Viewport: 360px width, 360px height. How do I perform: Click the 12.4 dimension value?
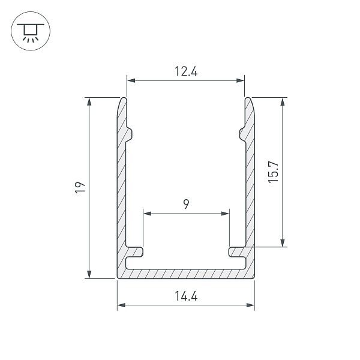coord(186,71)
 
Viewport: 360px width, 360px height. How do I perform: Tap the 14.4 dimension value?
coord(186,296)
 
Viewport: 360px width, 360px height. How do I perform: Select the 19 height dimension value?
coord(80,188)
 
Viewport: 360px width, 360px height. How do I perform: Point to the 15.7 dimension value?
coord(273,172)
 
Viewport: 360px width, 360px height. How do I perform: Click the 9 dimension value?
coord(186,204)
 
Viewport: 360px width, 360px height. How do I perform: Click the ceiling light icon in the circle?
coord(31,32)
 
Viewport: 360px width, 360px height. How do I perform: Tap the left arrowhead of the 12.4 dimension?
coord(131,80)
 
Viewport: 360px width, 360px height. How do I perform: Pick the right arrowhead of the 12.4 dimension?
coord(240,80)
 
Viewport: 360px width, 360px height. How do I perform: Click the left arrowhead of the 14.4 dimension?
coord(121,305)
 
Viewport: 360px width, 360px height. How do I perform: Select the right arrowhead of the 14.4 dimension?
coord(250,305)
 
